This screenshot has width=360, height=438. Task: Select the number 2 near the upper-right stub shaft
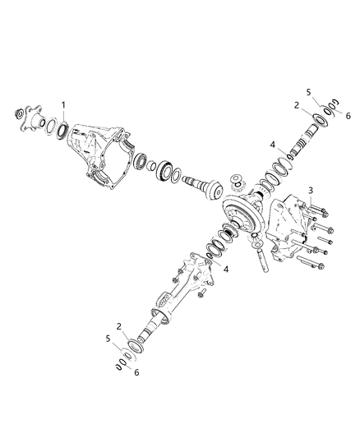pos(295,105)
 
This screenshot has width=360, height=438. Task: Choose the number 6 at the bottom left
pos(136,372)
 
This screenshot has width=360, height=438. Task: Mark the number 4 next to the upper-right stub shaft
pos(271,145)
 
